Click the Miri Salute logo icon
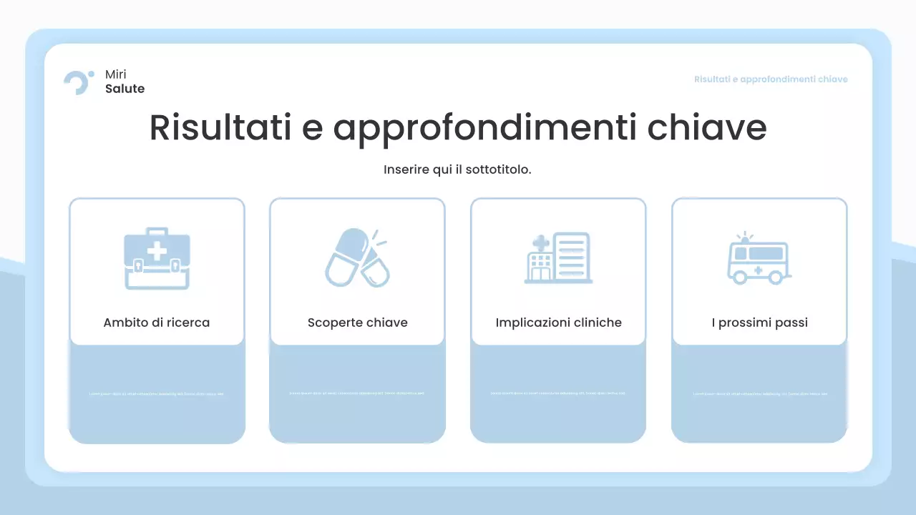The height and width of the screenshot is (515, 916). click(x=78, y=82)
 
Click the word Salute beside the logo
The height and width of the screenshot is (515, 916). click(x=125, y=89)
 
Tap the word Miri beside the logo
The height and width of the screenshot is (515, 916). click(x=115, y=74)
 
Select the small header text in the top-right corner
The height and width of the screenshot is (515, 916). click(x=771, y=79)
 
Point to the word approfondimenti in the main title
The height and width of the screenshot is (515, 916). click(x=485, y=127)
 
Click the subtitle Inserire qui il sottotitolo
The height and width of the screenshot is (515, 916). click(x=457, y=170)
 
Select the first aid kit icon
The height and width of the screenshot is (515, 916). click(x=157, y=258)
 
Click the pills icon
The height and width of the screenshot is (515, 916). click(x=357, y=258)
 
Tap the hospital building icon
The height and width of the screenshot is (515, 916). click(x=558, y=258)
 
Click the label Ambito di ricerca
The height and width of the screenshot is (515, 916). click(x=157, y=323)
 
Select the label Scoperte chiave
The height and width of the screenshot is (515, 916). click(x=358, y=323)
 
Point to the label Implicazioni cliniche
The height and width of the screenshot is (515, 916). click(x=558, y=323)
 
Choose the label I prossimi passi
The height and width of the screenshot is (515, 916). click(x=759, y=323)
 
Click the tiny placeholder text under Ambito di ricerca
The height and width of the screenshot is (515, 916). click(x=157, y=393)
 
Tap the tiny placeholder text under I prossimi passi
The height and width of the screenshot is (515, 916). click(x=759, y=393)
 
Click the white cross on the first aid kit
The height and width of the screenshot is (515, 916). click(x=157, y=251)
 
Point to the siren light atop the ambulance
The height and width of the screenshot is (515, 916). click(x=746, y=240)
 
